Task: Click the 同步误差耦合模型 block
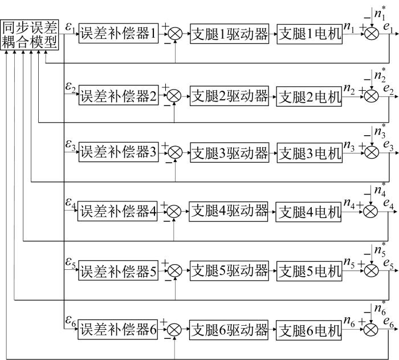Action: click(30, 35)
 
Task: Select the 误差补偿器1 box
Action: click(119, 34)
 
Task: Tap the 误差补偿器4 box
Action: click(117, 211)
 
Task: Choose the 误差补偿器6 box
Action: click(117, 329)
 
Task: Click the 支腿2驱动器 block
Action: click(229, 96)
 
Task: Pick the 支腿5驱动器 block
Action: click(229, 271)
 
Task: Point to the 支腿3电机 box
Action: click(310, 153)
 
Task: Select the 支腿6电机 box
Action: click(309, 330)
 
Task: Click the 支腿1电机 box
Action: click(310, 34)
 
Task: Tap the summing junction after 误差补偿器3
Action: click(175, 152)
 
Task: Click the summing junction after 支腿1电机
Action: click(372, 34)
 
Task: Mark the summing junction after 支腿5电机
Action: click(371, 270)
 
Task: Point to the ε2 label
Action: click(71, 87)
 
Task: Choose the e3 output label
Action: click(389, 145)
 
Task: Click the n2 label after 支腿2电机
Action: click(349, 89)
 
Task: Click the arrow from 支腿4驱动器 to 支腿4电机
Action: click(272, 212)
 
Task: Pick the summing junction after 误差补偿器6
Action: click(174, 329)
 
